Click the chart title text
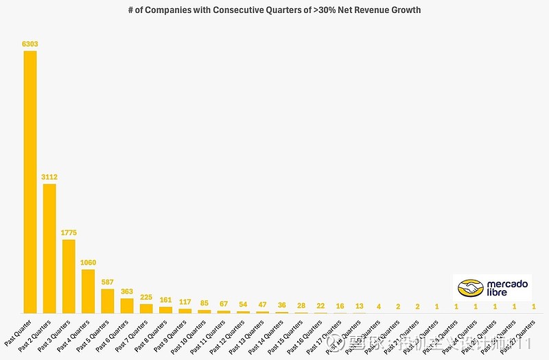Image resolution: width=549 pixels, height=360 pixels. (x=274, y=10)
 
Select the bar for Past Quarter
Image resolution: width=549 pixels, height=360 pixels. (x=30, y=182)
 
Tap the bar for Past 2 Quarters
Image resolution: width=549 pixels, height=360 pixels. (x=49, y=248)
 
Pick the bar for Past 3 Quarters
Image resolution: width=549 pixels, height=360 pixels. (x=69, y=276)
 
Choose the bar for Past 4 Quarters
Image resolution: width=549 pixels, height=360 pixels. (x=88, y=291)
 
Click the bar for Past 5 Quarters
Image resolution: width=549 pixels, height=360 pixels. (x=108, y=301)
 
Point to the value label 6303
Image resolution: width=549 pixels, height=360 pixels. (x=30, y=44)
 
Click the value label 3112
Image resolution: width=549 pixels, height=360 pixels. (x=49, y=178)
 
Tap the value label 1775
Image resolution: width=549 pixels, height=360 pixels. (x=69, y=233)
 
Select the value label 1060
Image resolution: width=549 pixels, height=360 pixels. (x=88, y=263)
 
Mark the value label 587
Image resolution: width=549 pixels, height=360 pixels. (x=108, y=283)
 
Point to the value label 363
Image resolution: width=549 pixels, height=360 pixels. (x=127, y=292)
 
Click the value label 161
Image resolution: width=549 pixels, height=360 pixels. (x=165, y=300)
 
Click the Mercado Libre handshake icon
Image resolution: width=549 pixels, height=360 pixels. (x=471, y=288)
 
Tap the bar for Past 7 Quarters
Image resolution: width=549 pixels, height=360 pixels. (x=146, y=309)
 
